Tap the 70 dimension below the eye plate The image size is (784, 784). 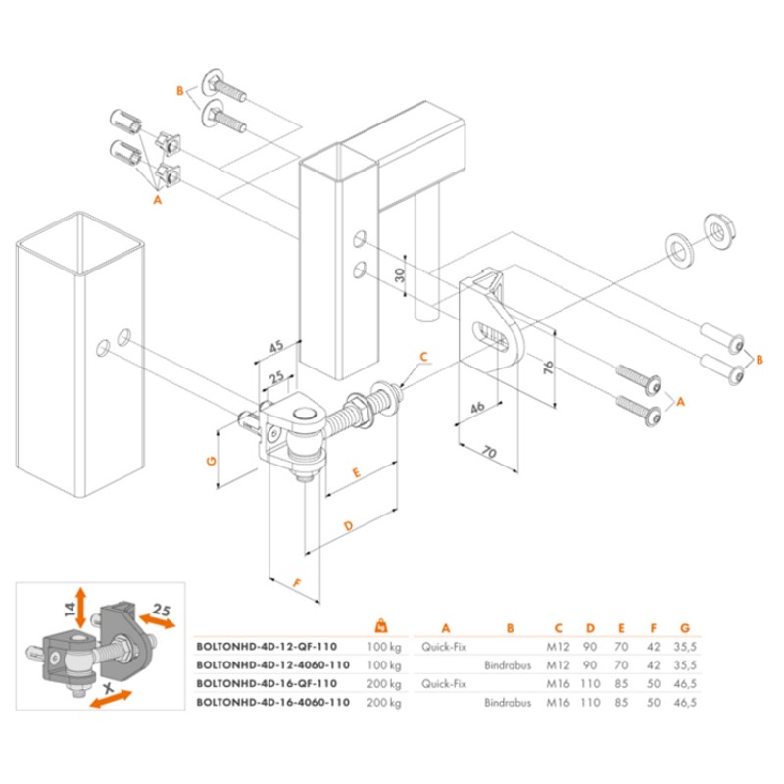[x=490, y=452]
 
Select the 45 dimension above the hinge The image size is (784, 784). [x=276, y=345]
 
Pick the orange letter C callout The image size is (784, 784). [x=424, y=356]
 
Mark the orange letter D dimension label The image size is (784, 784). [x=350, y=528]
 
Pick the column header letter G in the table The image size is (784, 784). [x=685, y=628]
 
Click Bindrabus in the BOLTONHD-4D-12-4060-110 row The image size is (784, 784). [x=508, y=665]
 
